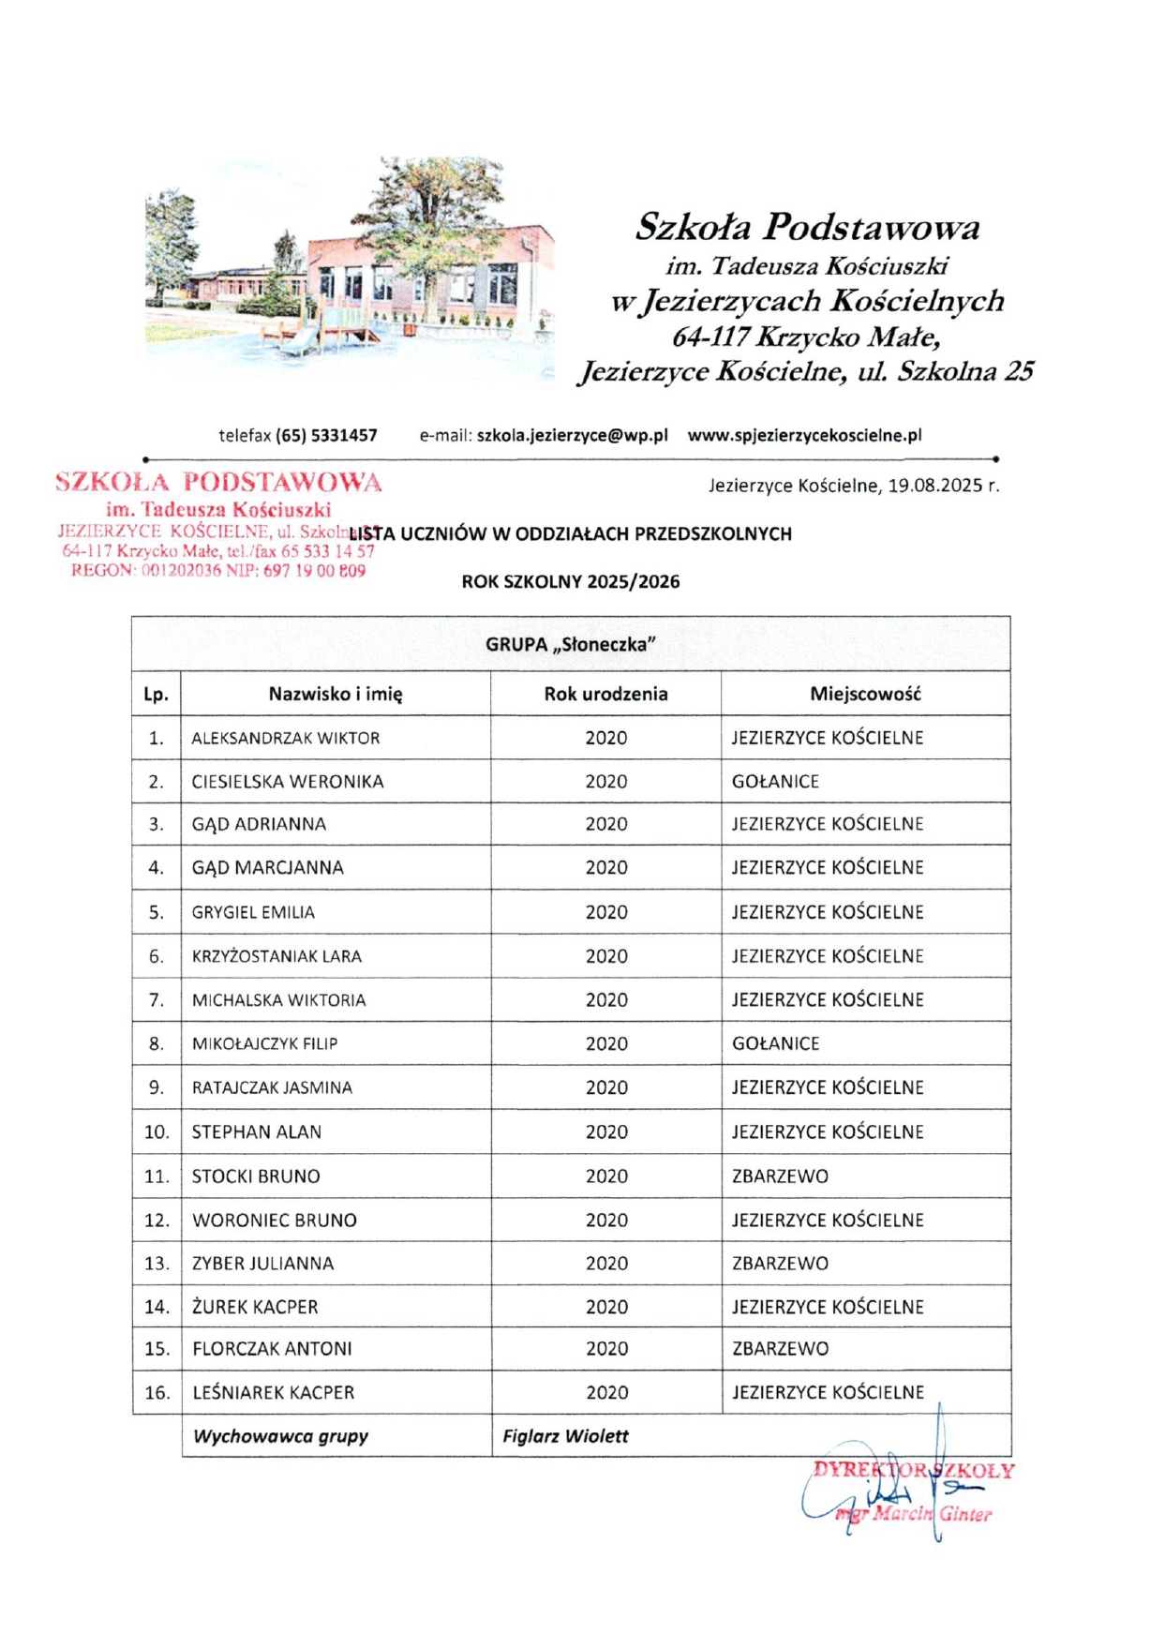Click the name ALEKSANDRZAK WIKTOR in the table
pos(286,738)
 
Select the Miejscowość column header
pos(865,694)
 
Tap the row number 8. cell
pos(157,1043)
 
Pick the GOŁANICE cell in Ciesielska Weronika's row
pos(775,781)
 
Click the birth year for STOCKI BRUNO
pos(605,1176)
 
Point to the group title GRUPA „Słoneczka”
pos(570,644)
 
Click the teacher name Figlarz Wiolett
pos(565,1435)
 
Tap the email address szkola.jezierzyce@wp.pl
pos(572,435)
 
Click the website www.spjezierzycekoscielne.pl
pos(804,435)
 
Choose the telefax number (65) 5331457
pos(326,435)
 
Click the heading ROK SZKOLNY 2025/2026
pos(570,581)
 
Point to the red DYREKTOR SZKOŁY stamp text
pos(913,1470)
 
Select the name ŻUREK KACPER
pos(255,1306)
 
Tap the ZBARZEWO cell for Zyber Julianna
pos(780,1263)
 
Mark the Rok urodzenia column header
pos(605,694)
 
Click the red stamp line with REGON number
pos(217,570)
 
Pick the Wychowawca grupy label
pos(280,1435)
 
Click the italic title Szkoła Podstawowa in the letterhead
pos(807,227)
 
